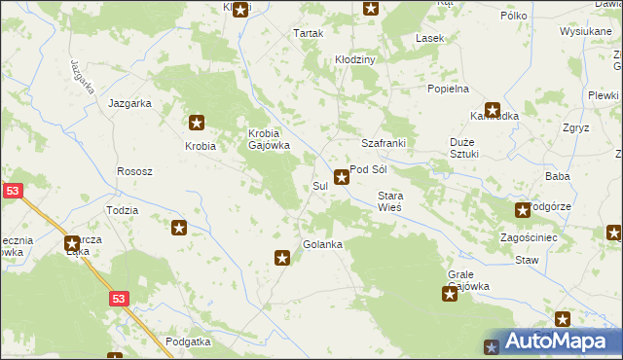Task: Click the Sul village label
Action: pyautogui.click(x=319, y=186)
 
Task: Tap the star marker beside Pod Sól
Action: pyautogui.click(x=342, y=177)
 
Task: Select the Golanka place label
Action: pyautogui.click(x=322, y=244)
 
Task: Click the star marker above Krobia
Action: pyautogui.click(x=197, y=123)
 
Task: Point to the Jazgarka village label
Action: pyautogui.click(x=129, y=102)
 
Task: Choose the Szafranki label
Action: pyautogui.click(x=383, y=143)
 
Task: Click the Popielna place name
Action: pyautogui.click(x=448, y=89)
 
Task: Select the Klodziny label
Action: pyautogui.click(x=355, y=59)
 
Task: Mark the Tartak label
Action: pyautogui.click(x=308, y=33)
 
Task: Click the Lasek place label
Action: pyautogui.click(x=429, y=39)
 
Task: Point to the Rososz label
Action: pyautogui.click(x=134, y=171)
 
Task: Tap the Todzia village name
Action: pyautogui.click(x=122, y=210)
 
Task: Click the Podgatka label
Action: pyautogui.click(x=188, y=342)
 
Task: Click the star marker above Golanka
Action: pyautogui.click(x=282, y=258)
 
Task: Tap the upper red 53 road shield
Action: pyautogui.click(x=12, y=193)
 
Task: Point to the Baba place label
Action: pyautogui.click(x=557, y=176)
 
